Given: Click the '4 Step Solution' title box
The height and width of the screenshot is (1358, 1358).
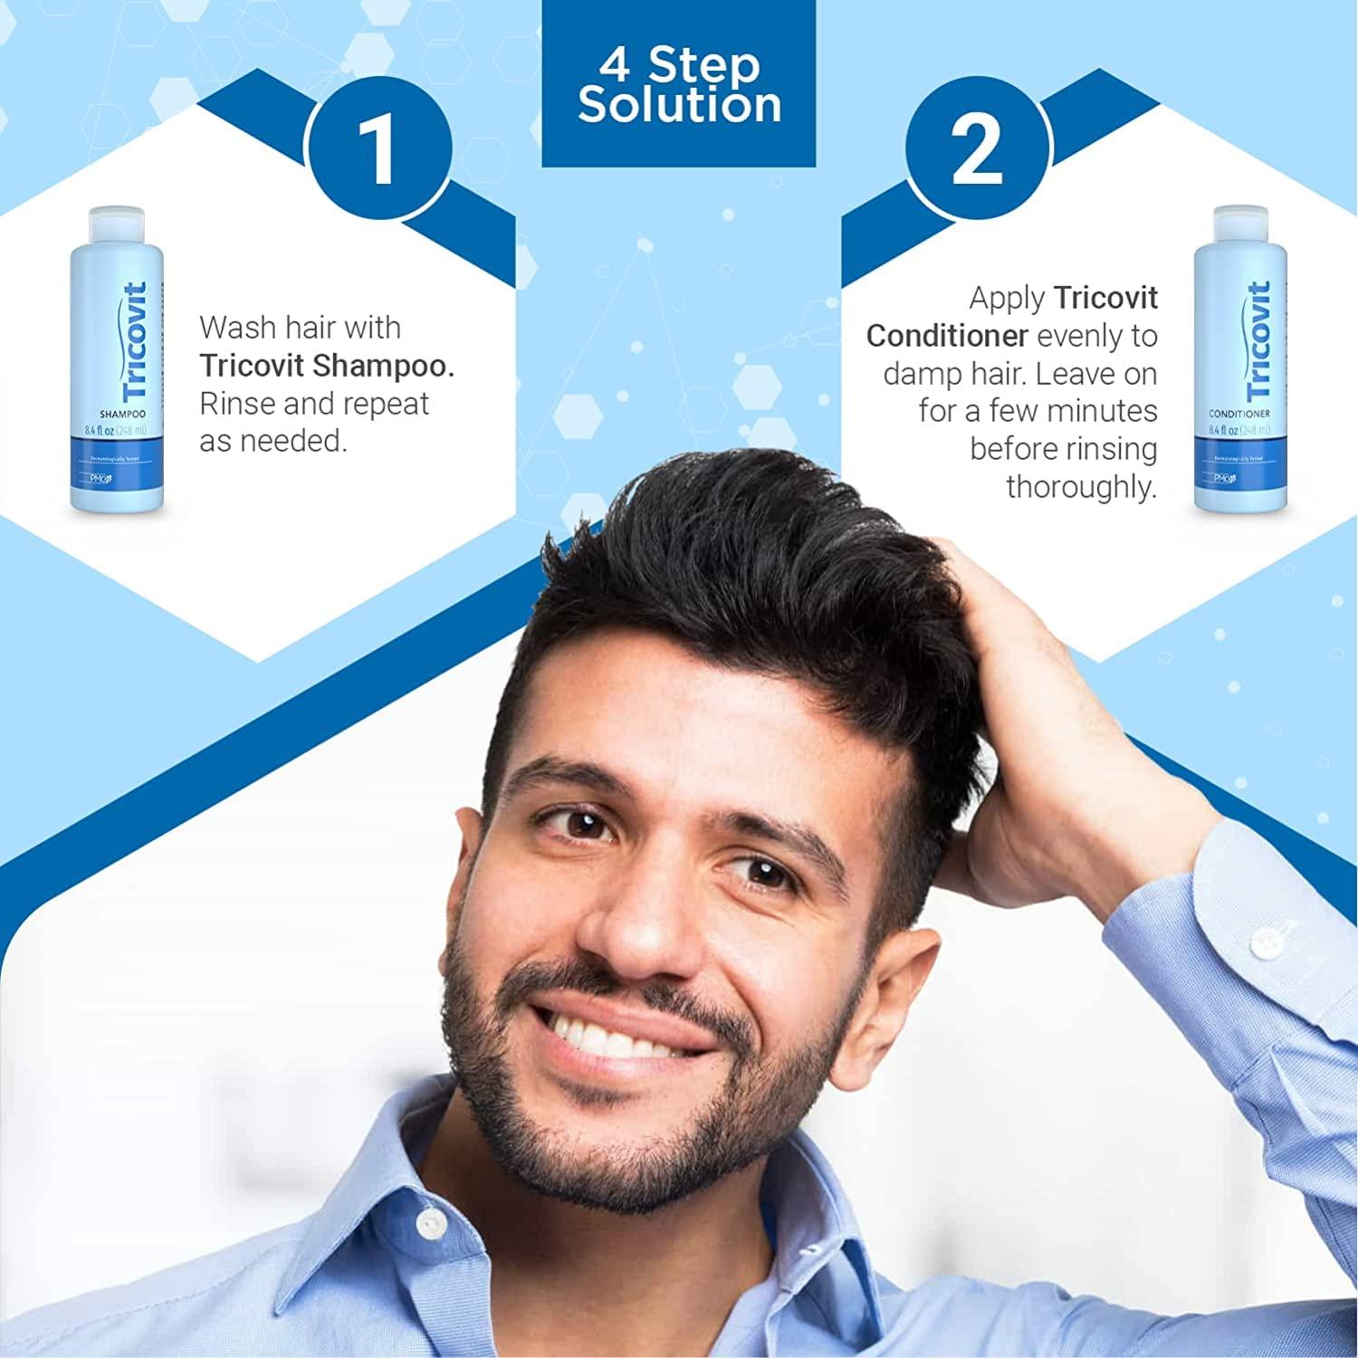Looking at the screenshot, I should click(679, 83).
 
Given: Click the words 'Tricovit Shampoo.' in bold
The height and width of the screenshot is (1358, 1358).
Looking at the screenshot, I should click(327, 365).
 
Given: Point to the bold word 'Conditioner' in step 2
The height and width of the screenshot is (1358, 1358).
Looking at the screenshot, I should click(947, 336).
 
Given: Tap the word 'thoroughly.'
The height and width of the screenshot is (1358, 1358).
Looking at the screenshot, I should click(1081, 487).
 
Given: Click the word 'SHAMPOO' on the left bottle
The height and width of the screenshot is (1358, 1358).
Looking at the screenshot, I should click(122, 414).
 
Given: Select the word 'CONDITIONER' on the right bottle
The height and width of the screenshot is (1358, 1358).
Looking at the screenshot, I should click(1239, 414).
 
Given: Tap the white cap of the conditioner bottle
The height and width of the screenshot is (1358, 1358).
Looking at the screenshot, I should click(1239, 223).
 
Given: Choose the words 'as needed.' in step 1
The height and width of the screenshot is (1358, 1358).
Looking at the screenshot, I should click(273, 442).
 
